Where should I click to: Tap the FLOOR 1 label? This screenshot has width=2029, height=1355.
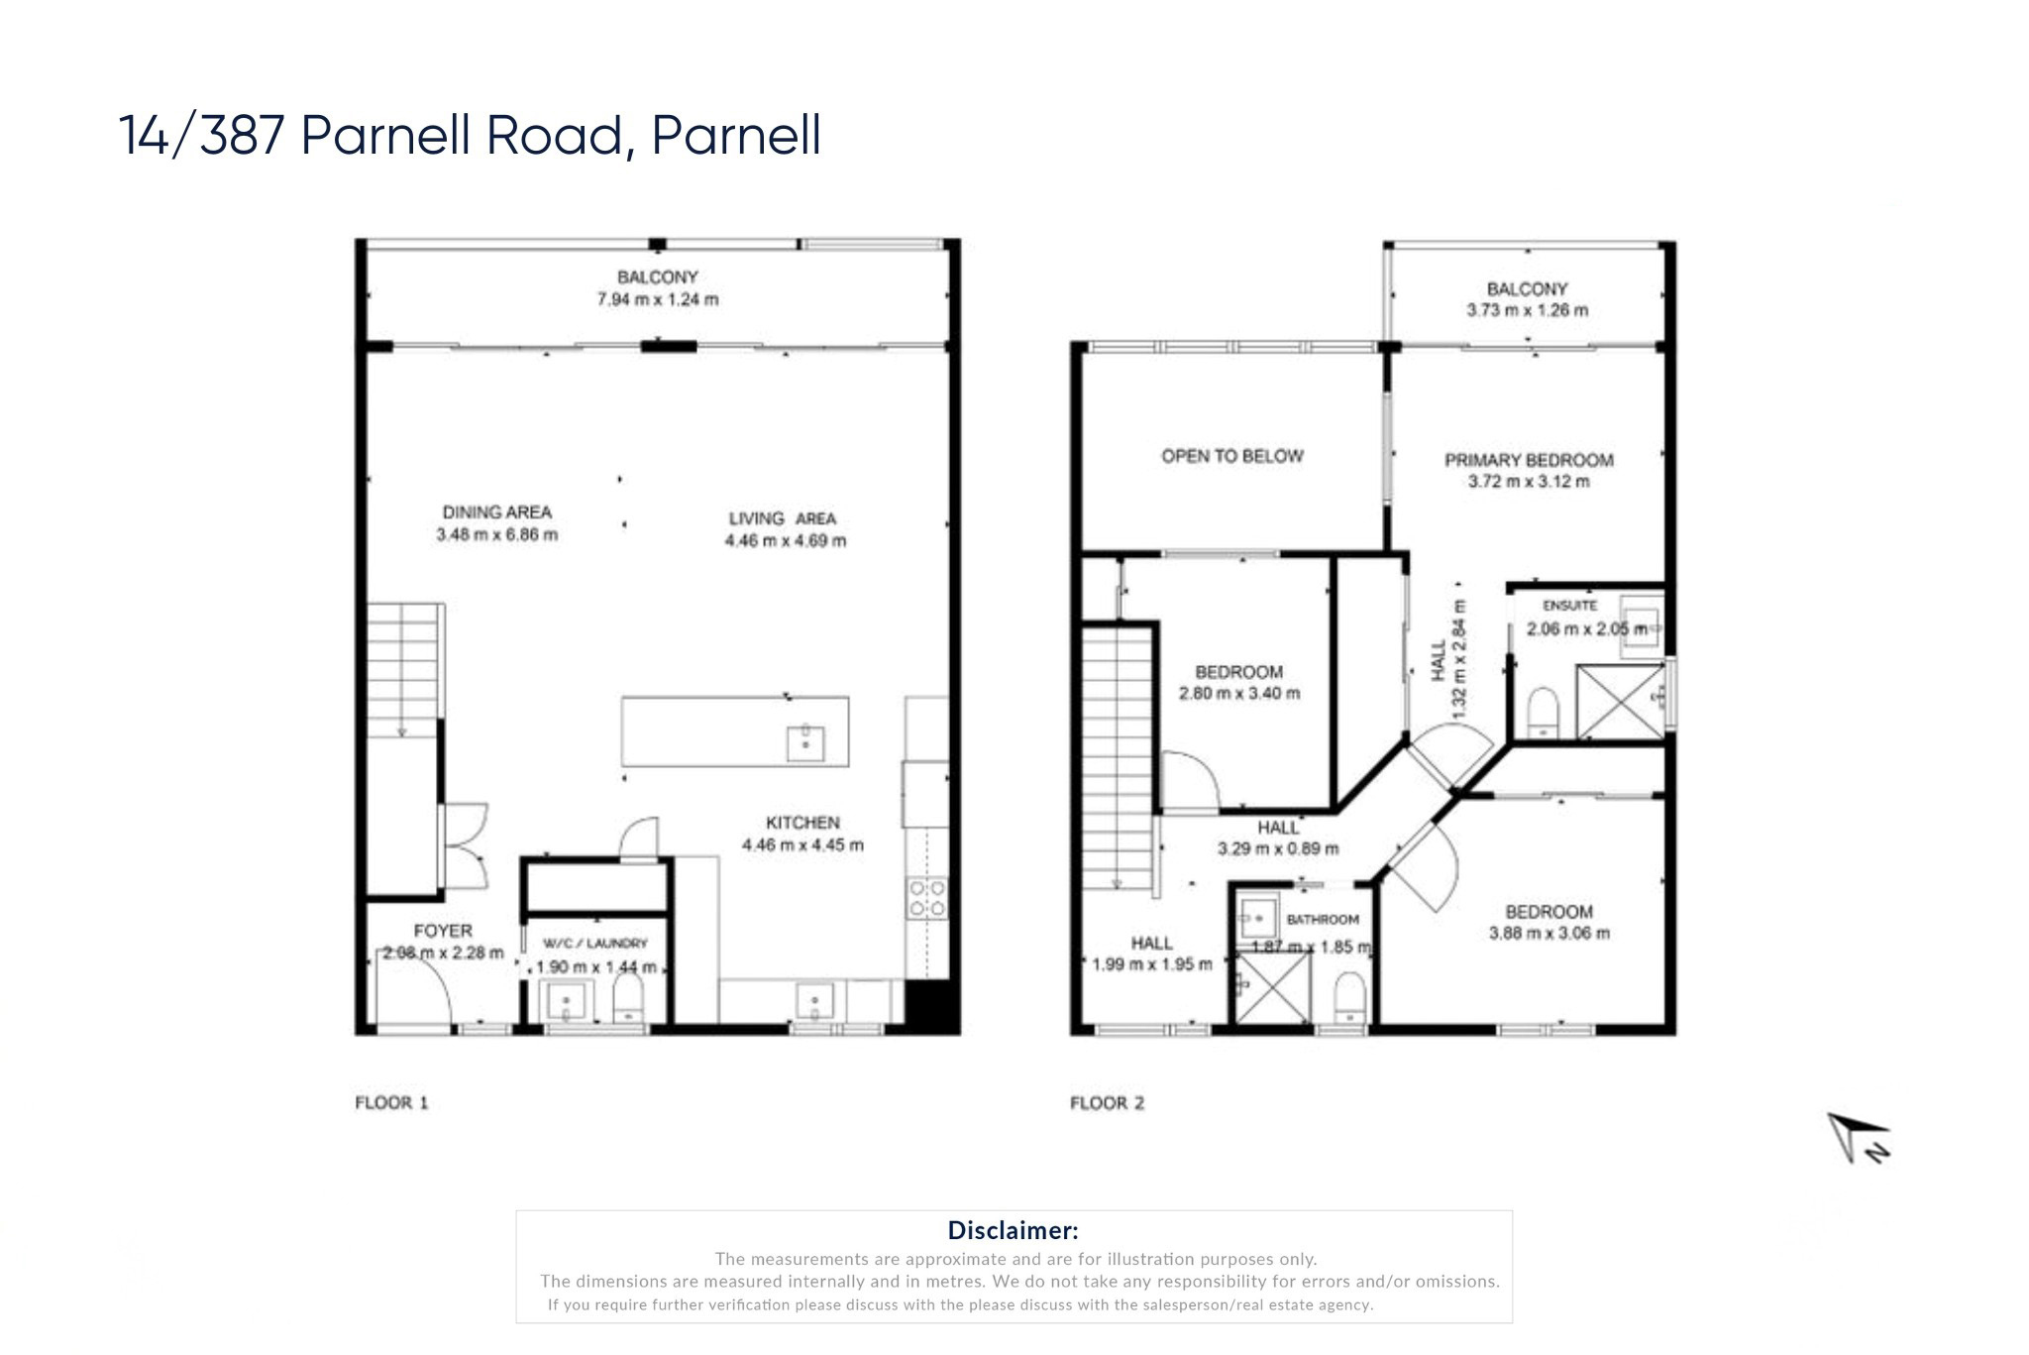coord(391,1102)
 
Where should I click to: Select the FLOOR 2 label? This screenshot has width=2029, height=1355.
coord(1107,1103)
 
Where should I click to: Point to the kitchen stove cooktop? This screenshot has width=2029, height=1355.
coord(927,898)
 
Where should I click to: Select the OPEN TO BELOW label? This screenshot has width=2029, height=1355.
coord(1231,456)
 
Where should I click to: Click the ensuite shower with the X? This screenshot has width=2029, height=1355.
coord(1621,701)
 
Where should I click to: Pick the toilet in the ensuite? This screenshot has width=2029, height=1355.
coord(1543,711)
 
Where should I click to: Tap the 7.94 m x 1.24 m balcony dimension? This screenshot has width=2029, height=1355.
coord(657,299)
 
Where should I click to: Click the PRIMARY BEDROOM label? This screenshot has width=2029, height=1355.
coord(1528,460)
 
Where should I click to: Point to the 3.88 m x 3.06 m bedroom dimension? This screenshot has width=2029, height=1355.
coord(1548,933)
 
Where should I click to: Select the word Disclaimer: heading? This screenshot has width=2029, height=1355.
coord(1013,1230)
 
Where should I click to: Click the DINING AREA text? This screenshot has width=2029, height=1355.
coord(496,512)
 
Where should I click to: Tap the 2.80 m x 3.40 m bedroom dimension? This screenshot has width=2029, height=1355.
coord(1238,694)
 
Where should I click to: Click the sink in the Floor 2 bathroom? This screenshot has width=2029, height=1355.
coord(1258,918)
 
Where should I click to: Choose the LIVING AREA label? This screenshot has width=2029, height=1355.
coord(782,518)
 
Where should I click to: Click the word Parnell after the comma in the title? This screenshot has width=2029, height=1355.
coord(736,136)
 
